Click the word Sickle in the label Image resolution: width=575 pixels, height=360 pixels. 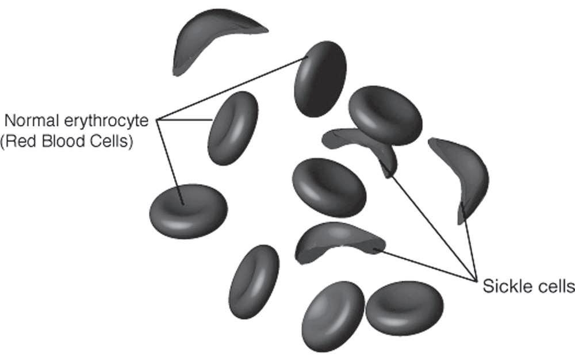coord(501,286)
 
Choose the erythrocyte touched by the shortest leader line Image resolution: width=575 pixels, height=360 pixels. coord(232,128)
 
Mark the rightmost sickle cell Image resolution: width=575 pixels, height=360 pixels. coord(463,175)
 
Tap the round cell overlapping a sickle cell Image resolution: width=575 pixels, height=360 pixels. coord(385,115)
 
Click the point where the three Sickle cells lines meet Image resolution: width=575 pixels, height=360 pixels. coord(477,279)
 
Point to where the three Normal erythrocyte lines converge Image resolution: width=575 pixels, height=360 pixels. coord(158,120)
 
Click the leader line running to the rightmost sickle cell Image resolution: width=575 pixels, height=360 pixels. coord(469,242)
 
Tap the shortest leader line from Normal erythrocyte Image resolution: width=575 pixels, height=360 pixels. coord(186,120)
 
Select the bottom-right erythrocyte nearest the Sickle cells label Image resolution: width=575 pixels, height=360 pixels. coord(404,307)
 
